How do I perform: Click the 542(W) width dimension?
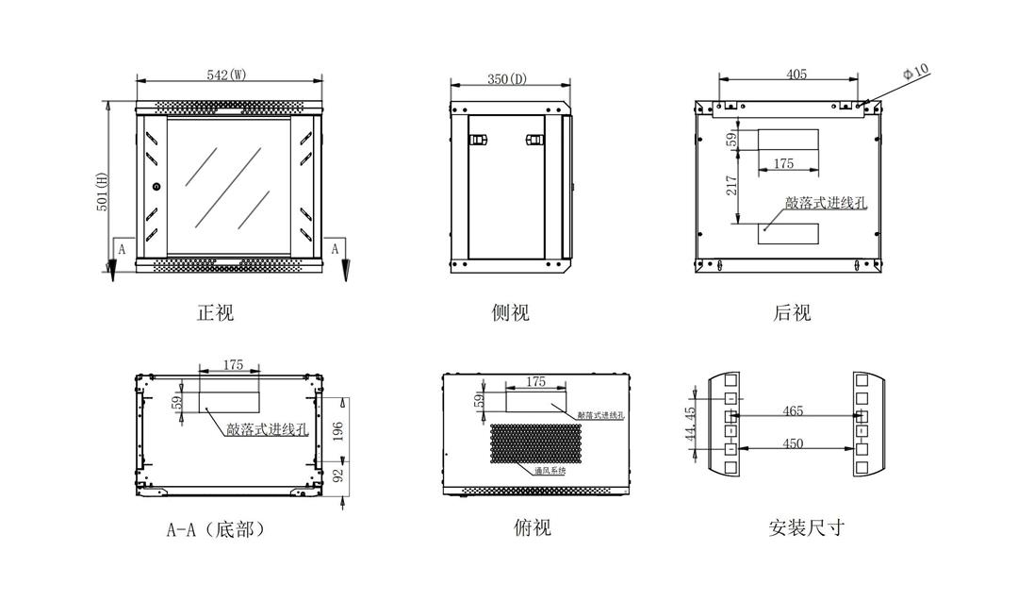[226, 75]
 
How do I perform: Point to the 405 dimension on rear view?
[796, 75]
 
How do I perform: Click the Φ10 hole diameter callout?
[915, 72]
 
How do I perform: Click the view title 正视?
[215, 312]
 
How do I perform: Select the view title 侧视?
[510, 312]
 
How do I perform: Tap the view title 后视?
[792, 312]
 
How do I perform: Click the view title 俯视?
[532, 527]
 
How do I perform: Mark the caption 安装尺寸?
[806, 527]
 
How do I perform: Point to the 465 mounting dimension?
[793, 411]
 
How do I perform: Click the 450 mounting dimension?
[793, 443]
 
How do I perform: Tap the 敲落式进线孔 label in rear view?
[826, 203]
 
